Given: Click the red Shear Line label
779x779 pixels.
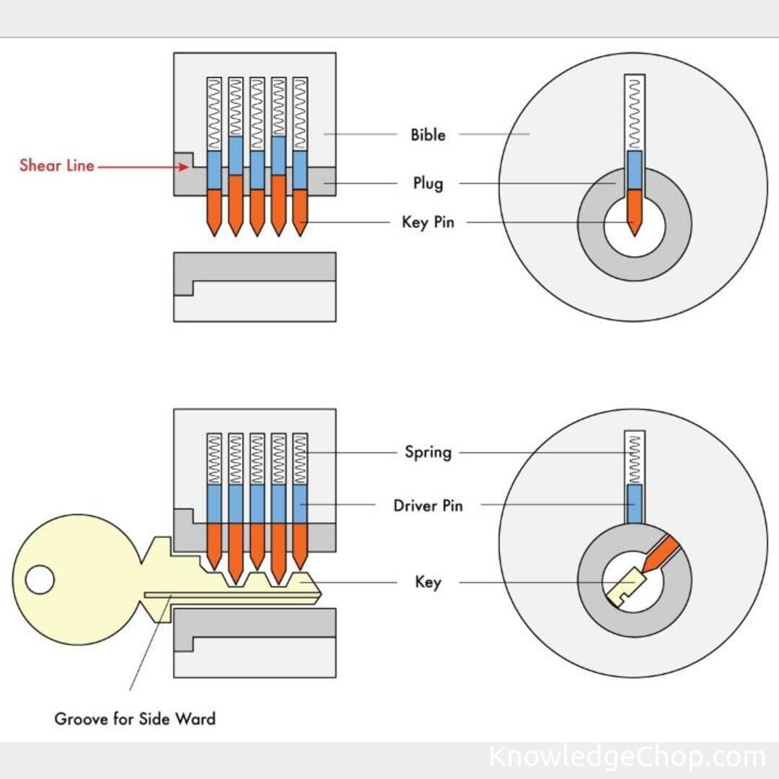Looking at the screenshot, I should tap(57, 165).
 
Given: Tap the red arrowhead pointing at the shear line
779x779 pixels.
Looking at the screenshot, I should tap(184, 167).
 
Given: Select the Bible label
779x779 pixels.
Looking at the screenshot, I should tap(428, 135).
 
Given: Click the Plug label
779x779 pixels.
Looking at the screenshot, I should tap(428, 184).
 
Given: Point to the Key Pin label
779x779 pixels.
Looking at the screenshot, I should tap(428, 222).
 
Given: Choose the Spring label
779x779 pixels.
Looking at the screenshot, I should tap(428, 453).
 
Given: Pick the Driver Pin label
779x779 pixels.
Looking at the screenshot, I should tap(428, 506).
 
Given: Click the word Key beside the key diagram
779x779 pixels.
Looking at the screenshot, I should tap(428, 582).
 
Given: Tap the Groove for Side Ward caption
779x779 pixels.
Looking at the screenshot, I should tap(135, 718).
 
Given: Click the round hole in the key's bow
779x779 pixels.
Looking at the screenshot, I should tap(40, 580).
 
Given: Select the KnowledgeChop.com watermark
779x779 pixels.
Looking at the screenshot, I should tap(626, 757).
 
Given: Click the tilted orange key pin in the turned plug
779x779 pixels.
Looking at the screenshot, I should tap(662, 553).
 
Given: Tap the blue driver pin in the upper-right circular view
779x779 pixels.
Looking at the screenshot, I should tap(634, 170).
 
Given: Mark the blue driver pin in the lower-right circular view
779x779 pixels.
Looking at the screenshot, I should tap(634, 503).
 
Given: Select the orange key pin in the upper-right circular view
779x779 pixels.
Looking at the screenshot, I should tap(634, 209).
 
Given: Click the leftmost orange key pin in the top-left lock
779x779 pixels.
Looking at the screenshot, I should tap(214, 209).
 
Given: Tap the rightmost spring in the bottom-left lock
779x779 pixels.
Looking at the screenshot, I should tap(300, 459).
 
